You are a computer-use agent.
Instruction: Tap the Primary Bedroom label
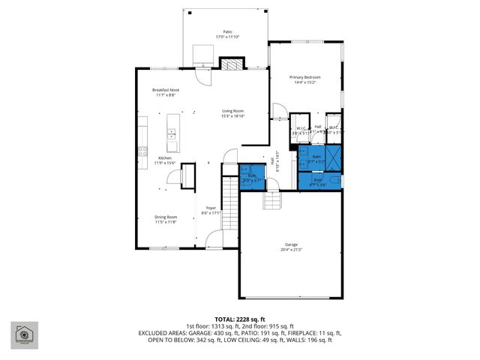(305, 77)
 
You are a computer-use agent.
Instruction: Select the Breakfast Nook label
(166, 90)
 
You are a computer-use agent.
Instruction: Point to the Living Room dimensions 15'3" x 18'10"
(232, 116)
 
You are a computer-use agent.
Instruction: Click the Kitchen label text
(163, 158)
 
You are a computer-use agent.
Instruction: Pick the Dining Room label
(165, 217)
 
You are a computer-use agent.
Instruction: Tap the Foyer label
(211, 209)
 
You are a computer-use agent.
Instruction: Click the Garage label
(291, 245)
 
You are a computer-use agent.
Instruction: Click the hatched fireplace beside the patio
(229, 65)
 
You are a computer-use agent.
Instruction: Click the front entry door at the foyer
(213, 241)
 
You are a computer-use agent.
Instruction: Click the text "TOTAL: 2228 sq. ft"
(239, 319)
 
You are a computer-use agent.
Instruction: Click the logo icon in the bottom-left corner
(25, 336)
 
